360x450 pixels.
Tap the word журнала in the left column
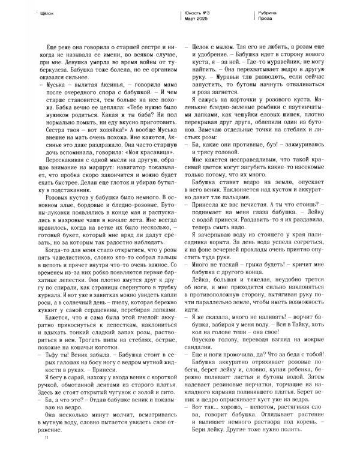tap(49, 296)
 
